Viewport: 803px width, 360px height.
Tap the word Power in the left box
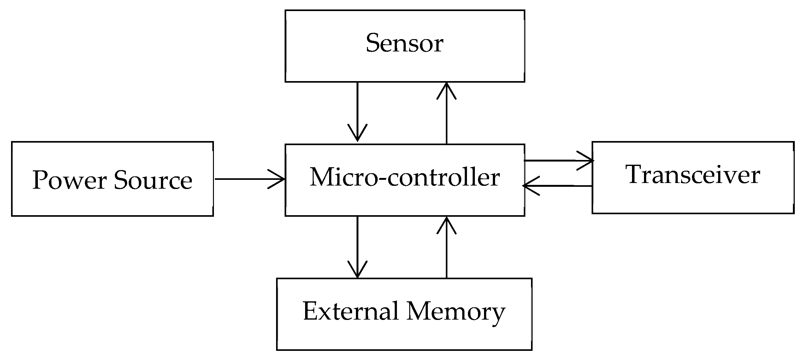(x=69, y=180)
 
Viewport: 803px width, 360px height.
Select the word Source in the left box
(x=153, y=180)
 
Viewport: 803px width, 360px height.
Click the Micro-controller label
(x=404, y=177)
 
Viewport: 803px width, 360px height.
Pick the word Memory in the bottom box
(x=456, y=312)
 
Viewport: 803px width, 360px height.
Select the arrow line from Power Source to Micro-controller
(x=243, y=179)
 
